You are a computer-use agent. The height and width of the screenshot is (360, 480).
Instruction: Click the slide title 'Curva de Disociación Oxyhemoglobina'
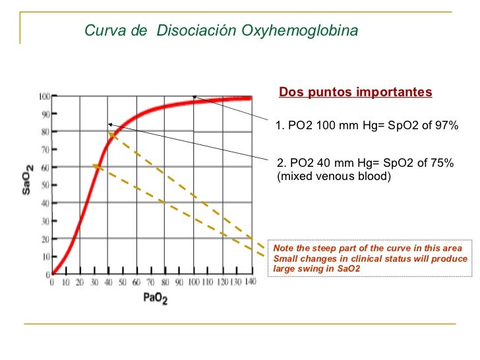tap(222, 31)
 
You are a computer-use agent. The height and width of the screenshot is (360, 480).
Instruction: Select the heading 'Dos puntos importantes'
tap(355, 92)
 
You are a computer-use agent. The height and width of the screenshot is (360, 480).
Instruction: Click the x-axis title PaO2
tap(155, 299)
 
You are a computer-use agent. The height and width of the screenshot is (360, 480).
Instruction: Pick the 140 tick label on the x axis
tap(250, 282)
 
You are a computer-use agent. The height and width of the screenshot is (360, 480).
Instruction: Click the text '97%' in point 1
tap(445, 126)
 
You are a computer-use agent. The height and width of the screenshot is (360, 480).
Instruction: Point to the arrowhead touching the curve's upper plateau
tap(195, 98)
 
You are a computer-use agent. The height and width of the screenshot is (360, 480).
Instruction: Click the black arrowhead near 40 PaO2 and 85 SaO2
tap(110, 124)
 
